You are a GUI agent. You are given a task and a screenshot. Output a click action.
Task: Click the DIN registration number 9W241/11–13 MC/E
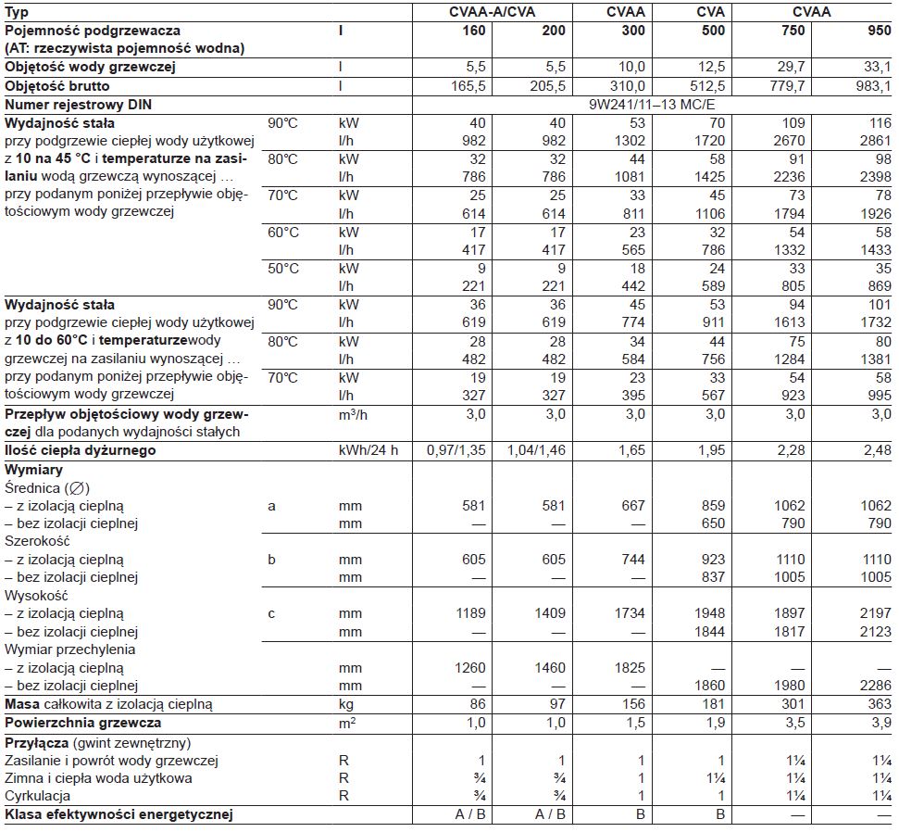tap(652, 105)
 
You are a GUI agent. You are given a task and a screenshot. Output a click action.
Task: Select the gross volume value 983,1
tap(871, 86)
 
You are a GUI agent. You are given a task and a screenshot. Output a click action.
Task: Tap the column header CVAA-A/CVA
tap(491, 12)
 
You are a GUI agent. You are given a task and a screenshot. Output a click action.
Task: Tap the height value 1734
tap(629, 613)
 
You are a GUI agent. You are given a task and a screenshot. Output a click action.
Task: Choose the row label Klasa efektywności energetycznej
tap(119, 815)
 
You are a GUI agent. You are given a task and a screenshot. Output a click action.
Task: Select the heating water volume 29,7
tap(793, 68)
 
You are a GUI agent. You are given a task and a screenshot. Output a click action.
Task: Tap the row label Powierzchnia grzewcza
tap(83, 723)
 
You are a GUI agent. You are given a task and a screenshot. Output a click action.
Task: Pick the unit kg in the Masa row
tap(347, 705)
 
